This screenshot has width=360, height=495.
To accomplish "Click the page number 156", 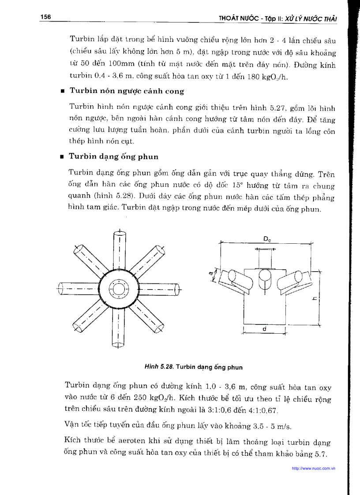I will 45,17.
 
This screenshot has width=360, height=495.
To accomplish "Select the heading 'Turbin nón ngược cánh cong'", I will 127,91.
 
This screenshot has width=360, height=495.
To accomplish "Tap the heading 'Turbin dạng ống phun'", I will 114,156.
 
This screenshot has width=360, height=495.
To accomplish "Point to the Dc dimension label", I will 267,238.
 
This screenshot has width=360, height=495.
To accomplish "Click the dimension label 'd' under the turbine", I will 264,328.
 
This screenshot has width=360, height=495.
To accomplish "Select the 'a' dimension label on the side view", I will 210,274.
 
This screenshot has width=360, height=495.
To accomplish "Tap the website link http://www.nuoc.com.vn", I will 314,469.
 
